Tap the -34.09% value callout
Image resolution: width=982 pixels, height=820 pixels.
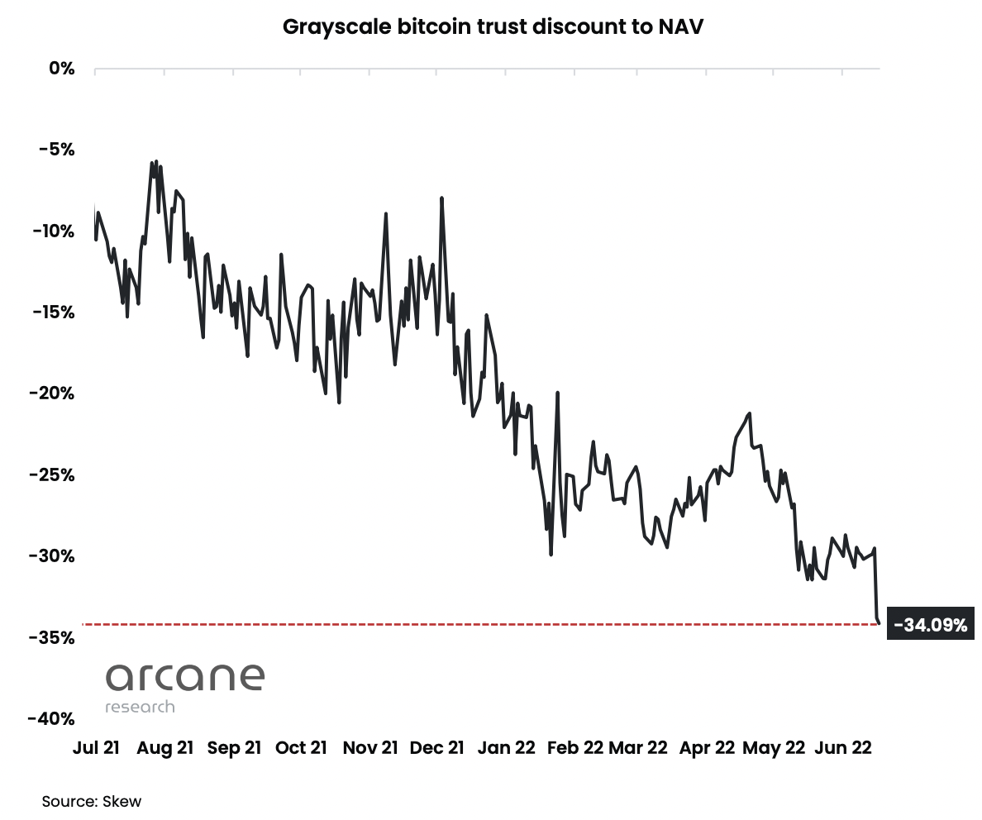930,625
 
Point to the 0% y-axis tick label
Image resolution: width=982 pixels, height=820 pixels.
61,69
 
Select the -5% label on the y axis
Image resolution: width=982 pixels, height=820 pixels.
55,150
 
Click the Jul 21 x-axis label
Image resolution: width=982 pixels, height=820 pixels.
96,748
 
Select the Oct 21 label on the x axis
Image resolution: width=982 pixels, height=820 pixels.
301,748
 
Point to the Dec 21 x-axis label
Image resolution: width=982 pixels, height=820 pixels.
437,748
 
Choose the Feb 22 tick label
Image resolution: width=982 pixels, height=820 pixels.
575,748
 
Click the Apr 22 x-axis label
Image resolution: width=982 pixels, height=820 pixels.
707,748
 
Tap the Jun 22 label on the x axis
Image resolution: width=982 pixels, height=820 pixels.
843,748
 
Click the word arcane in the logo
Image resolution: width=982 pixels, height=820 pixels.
184,677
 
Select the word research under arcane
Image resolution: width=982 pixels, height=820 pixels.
140,707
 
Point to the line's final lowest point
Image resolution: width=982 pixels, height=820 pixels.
880,623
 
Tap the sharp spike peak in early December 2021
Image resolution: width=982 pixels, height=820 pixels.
442,198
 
